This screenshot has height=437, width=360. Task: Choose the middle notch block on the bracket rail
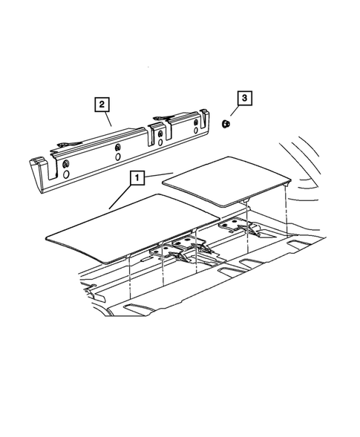click(157, 137)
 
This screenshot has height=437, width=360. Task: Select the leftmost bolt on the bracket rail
click(66, 164)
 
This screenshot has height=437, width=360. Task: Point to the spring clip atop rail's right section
click(167, 117)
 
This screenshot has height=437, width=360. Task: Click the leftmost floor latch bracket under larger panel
click(160, 256)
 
